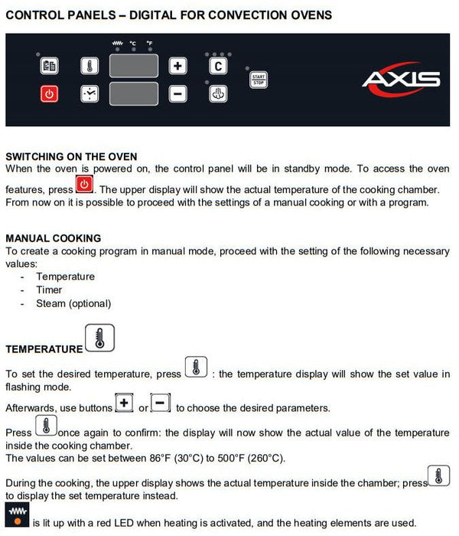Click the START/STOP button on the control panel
tap(259, 80)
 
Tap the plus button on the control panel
tap(177, 66)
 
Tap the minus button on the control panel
tap(177, 94)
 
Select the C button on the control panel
tap(218, 66)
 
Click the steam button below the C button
tap(218, 94)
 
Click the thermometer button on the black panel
tap(90, 66)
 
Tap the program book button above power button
tap(49, 66)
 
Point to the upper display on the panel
tap(133, 65)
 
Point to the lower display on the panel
tap(133, 94)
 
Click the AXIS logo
tap(402, 79)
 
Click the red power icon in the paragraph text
tap(84, 185)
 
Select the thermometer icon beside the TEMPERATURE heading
tap(99, 338)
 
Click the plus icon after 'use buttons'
tap(124, 404)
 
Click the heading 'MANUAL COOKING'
tap(54, 238)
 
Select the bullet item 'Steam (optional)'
tap(73, 303)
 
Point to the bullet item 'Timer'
tap(49, 289)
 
